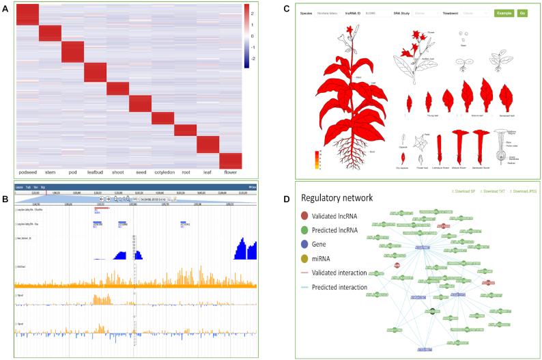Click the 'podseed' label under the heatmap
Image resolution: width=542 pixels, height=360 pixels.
point(28,165)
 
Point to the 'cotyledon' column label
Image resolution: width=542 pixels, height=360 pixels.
point(162,165)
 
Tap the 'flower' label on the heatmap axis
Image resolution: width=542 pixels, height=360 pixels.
point(230,165)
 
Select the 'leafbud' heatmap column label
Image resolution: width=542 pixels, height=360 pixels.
point(96,165)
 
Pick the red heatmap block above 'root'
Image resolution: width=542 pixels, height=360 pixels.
point(185,130)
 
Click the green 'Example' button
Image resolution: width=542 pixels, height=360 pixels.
point(504,13)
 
